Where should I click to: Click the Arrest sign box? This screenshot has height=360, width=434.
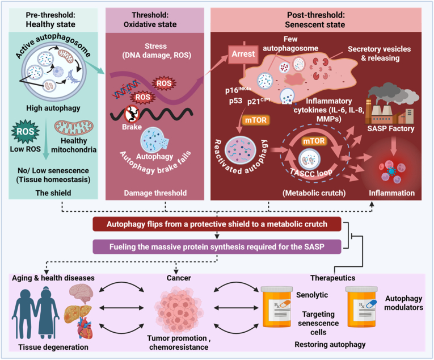pyautogui.click(x=243, y=54)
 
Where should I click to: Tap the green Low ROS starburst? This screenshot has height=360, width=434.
pyautogui.click(x=25, y=131)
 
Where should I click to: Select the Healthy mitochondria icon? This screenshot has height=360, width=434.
pyautogui.click(x=74, y=128)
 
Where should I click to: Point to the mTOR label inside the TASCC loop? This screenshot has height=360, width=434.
pyautogui.click(x=314, y=141)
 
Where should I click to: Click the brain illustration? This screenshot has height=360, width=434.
pyautogui.click(x=81, y=294)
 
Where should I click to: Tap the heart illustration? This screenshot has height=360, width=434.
pyautogui.click(x=85, y=328)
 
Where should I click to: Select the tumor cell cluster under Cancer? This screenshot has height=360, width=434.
pyautogui.click(x=179, y=308)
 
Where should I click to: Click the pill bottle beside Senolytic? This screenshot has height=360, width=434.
pyautogui.click(x=276, y=307)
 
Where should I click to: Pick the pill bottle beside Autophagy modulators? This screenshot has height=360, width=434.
pyautogui.click(x=361, y=307)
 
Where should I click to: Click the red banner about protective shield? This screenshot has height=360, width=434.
pyautogui.click(x=217, y=224)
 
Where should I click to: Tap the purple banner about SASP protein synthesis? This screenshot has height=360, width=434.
pyautogui.click(x=217, y=246)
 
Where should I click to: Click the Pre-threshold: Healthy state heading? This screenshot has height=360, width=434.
pyautogui.click(x=50, y=20)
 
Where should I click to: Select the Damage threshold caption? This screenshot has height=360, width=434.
pyautogui.click(x=155, y=193)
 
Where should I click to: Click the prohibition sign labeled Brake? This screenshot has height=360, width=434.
pyautogui.click(x=132, y=114)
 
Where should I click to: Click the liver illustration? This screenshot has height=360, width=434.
pyautogui.click(x=78, y=313)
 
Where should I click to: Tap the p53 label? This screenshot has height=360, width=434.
pyautogui.click(x=235, y=101)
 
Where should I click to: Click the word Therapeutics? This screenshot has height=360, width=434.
pyautogui.click(x=332, y=278)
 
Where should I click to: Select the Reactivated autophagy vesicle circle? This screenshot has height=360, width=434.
pyautogui.click(x=240, y=150)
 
